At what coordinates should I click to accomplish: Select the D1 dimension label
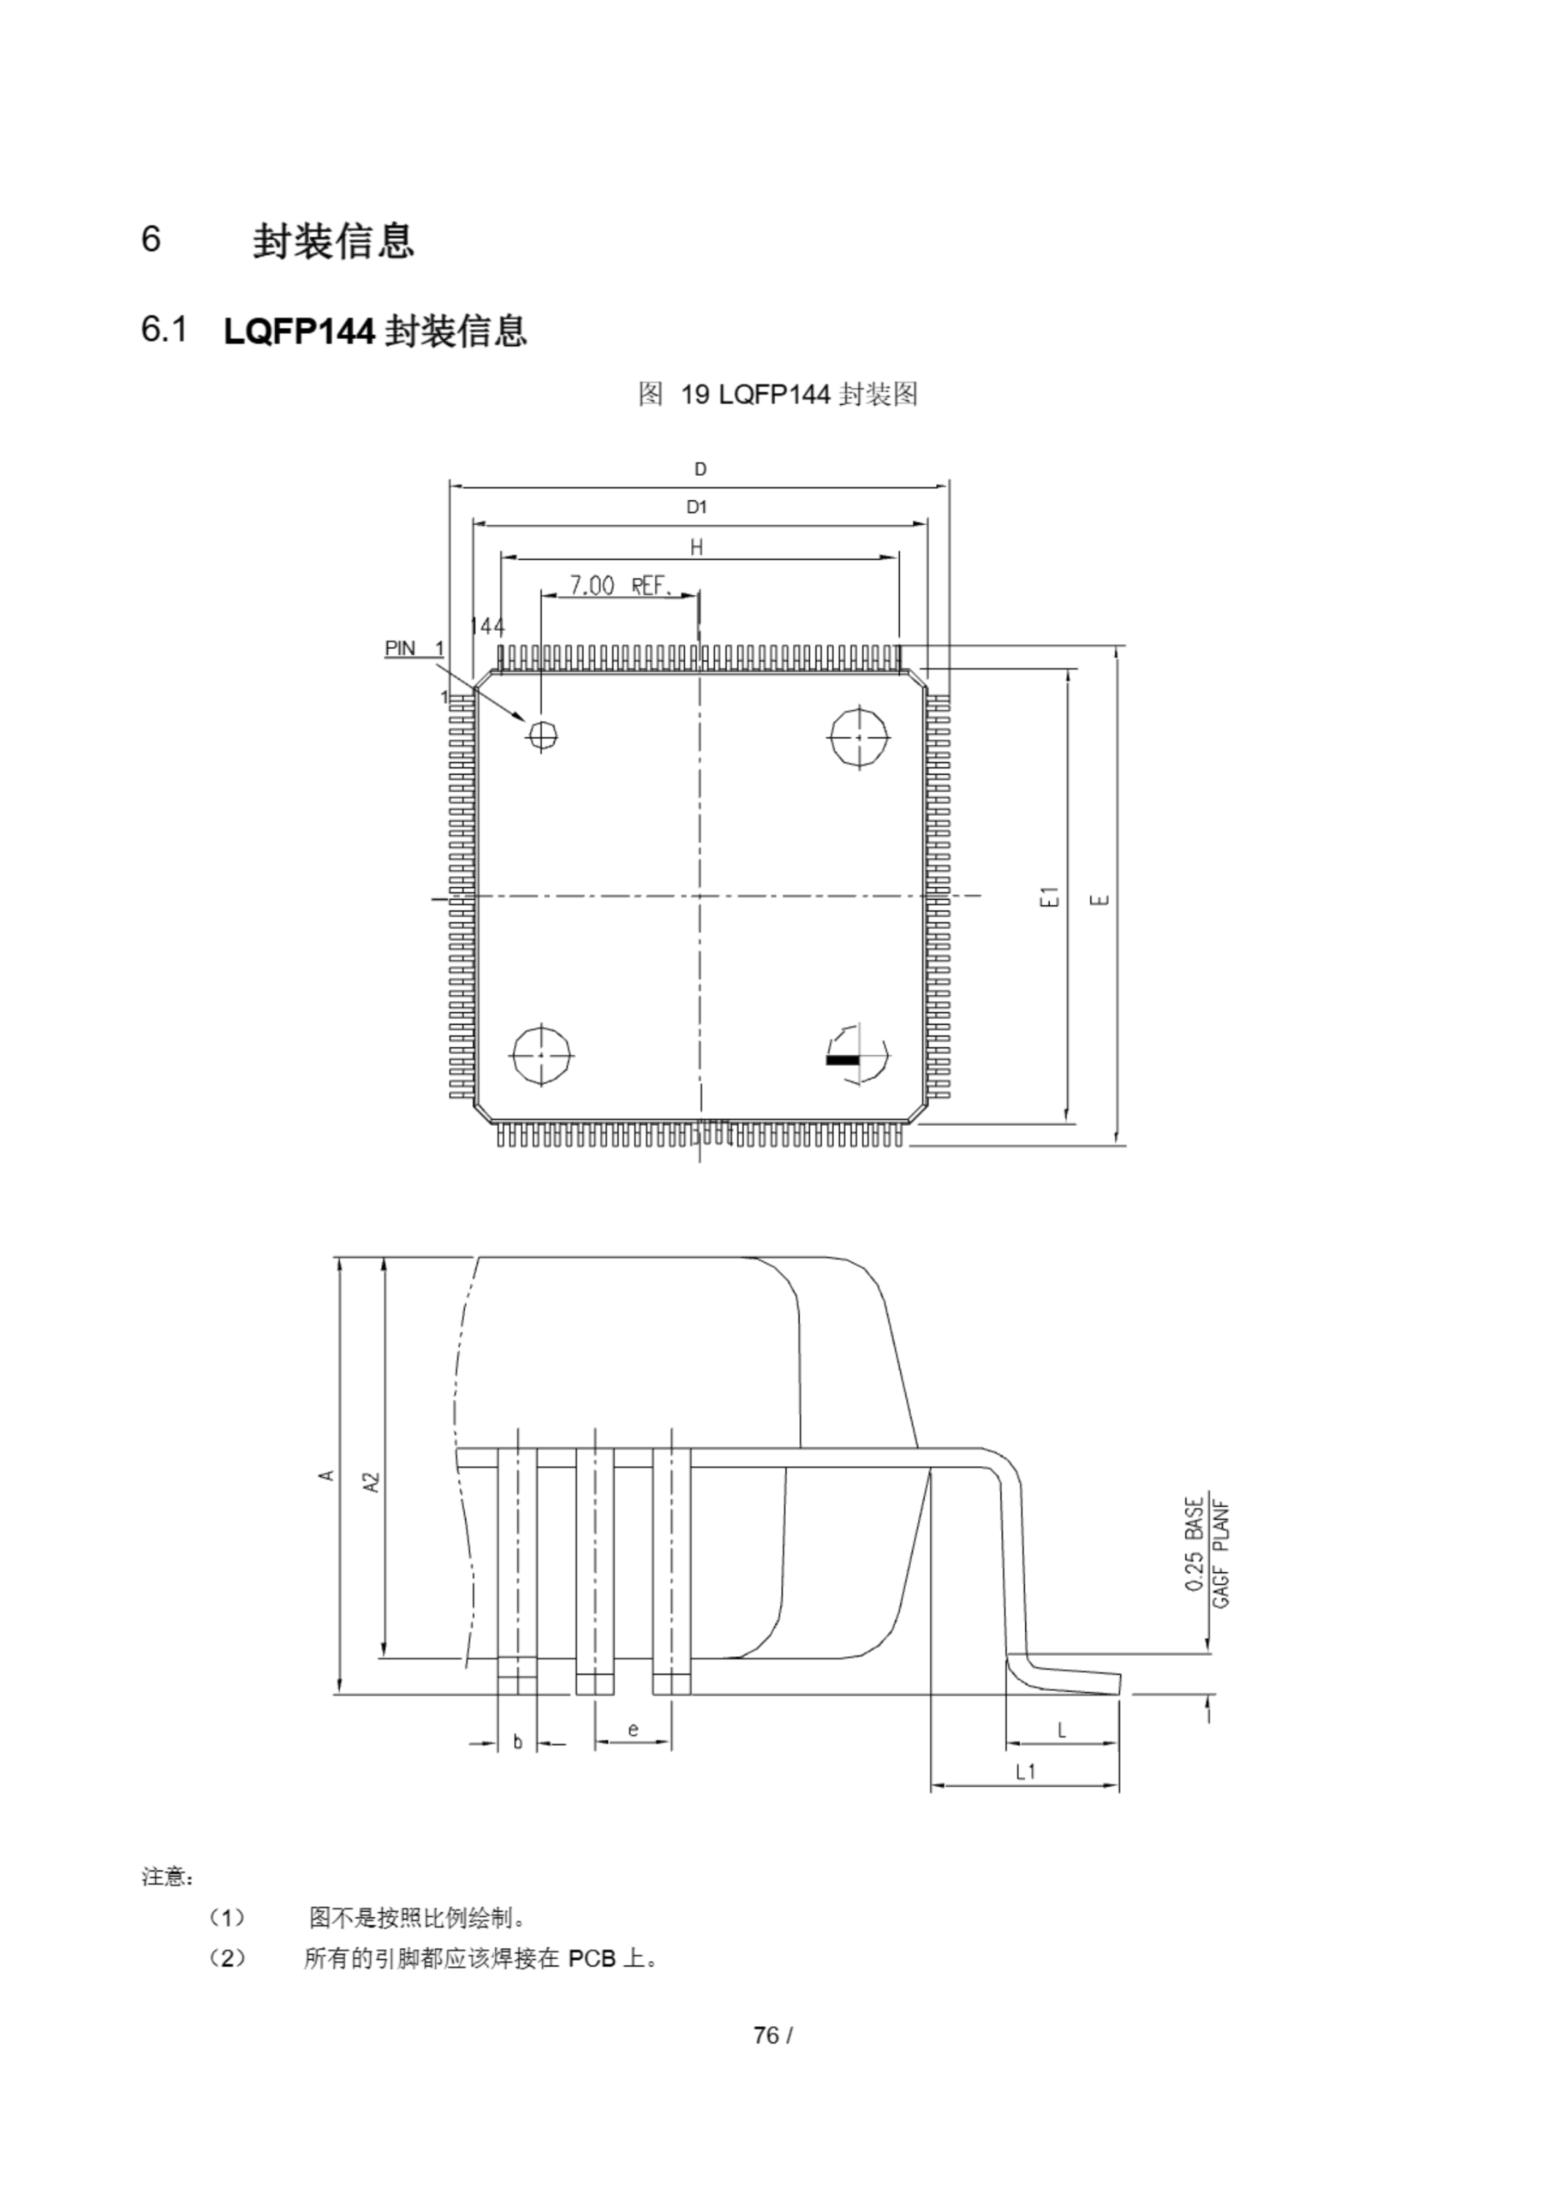click(x=697, y=507)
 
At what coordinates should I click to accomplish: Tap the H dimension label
click(x=696, y=547)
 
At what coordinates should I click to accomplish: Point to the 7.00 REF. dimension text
click(x=621, y=585)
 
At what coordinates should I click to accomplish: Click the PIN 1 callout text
click(x=414, y=648)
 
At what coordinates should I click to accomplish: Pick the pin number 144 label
click(x=487, y=626)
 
